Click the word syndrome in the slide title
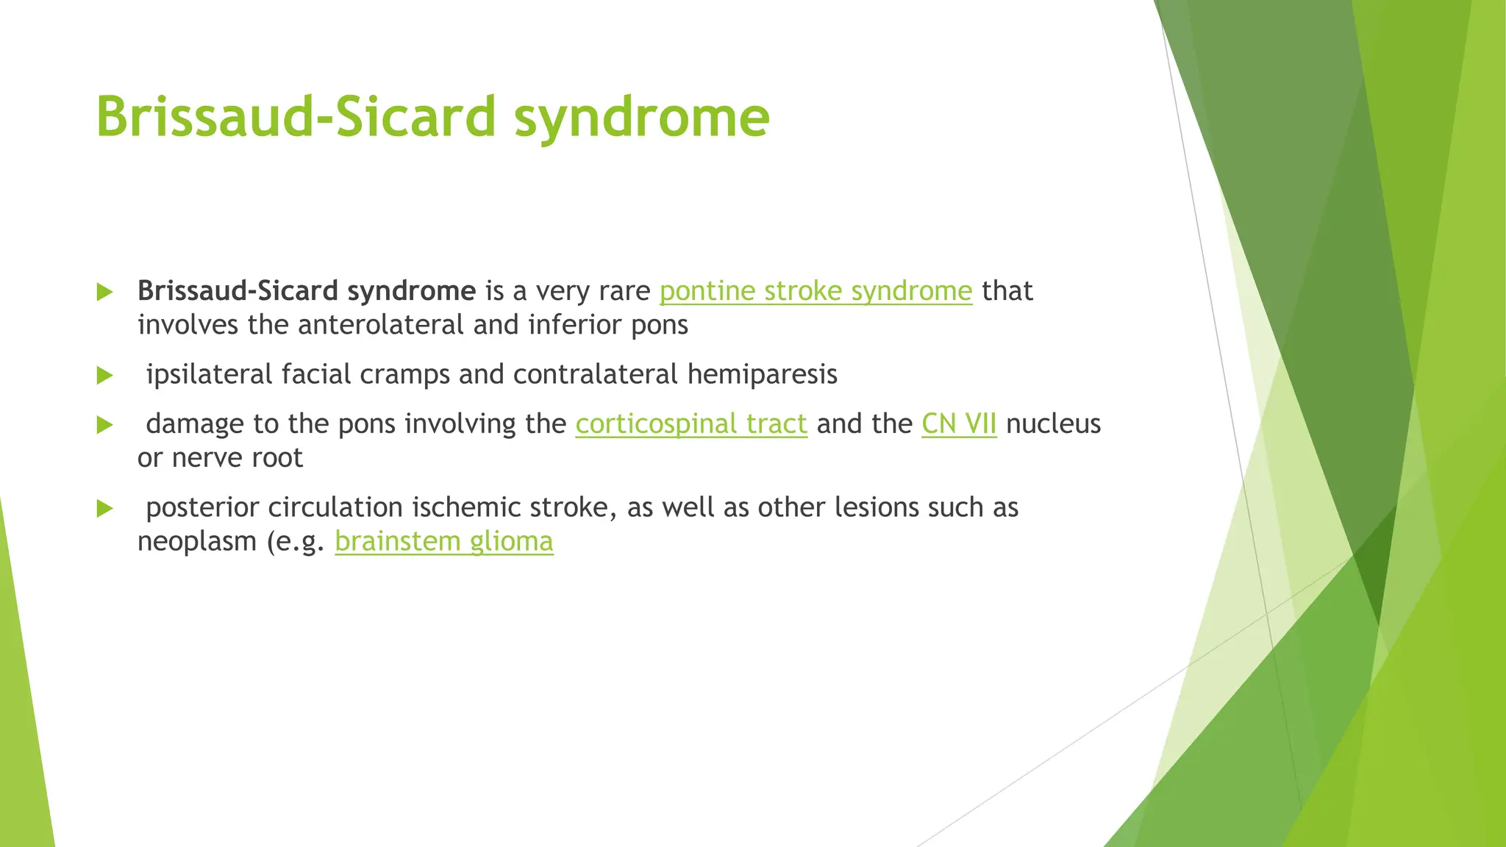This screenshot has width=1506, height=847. pyautogui.click(x=641, y=118)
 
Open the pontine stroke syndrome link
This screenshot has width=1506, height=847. pyautogui.click(x=816, y=291)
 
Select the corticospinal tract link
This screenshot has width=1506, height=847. pyautogui.click(x=691, y=424)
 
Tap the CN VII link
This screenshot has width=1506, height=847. pyautogui.click(x=959, y=424)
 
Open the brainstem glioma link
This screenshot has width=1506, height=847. pyautogui.click(x=443, y=542)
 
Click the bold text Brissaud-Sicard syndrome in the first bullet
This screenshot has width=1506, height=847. pyautogui.click(x=306, y=291)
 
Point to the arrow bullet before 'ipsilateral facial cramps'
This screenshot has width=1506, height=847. pyautogui.click(x=105, y=376)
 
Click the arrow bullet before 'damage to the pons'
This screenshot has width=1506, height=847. pyautogui.click(x=105, y=425)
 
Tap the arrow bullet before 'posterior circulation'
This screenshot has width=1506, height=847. pyautogui.click(x=105, y=509)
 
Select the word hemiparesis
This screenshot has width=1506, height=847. pyautogui.click(x=762, y=375)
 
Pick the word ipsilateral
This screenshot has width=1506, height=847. pyautogui.click(x=209, y=375)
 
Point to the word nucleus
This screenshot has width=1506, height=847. pyautogui.click(x=1053, y=424)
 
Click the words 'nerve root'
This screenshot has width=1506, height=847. pyautogui.click(x=237, y=458)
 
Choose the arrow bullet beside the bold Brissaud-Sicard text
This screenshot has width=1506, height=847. pyautogui.click(x=105, y=292)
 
